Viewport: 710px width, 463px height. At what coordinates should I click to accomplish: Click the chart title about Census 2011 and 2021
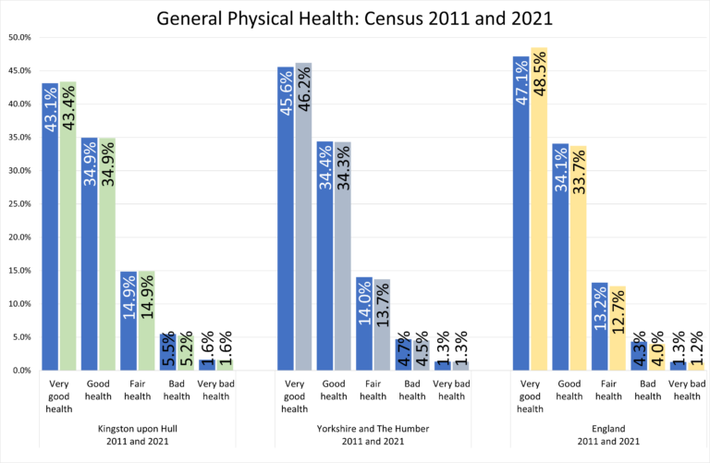click(x=355, y=18)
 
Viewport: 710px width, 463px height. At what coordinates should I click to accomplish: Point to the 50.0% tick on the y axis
click(x=19, y=38)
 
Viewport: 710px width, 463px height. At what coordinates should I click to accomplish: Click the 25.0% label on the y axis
click(x=19, y=204)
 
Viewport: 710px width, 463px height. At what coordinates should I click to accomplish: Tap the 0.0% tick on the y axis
click(x=21, y=371)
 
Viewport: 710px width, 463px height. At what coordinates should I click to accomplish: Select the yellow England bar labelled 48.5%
click(x=539, y=209)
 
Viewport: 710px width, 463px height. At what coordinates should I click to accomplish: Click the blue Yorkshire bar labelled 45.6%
click(x=286, y=218)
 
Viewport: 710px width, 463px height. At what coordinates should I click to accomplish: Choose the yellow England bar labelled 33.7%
click(x=578, y=258)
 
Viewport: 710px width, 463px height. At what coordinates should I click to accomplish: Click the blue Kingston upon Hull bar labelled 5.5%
click(x=167, y=352)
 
